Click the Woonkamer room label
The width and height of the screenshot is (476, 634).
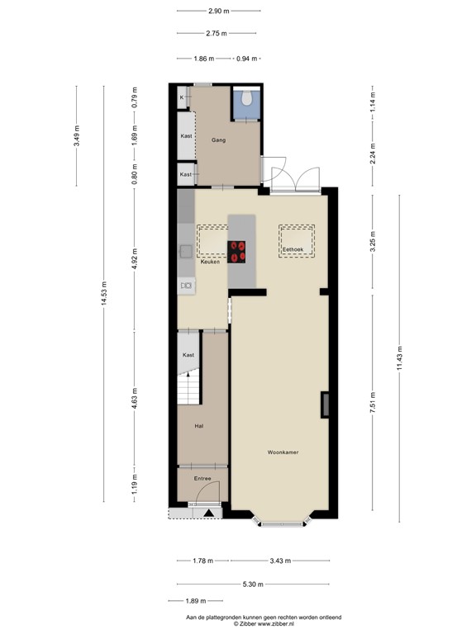tap(283, 452)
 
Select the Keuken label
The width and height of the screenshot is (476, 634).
tap(210, 262)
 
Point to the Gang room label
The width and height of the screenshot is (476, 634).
tap(219, 140)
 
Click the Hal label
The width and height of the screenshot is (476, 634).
tap(199, 426)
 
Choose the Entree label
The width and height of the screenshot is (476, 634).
tap(202, 478)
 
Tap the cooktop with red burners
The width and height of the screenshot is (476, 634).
tap(239, 251)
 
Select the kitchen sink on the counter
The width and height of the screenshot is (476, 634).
tap(187, 286)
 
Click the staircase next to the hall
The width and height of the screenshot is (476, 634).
tap(189, 386)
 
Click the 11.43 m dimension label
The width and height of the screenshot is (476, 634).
tap(399, 358)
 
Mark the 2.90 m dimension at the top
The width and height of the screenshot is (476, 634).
tap(219, 11)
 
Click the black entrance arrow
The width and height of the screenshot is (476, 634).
tap(208, 513)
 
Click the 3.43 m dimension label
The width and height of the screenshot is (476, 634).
tap(280, 561)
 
